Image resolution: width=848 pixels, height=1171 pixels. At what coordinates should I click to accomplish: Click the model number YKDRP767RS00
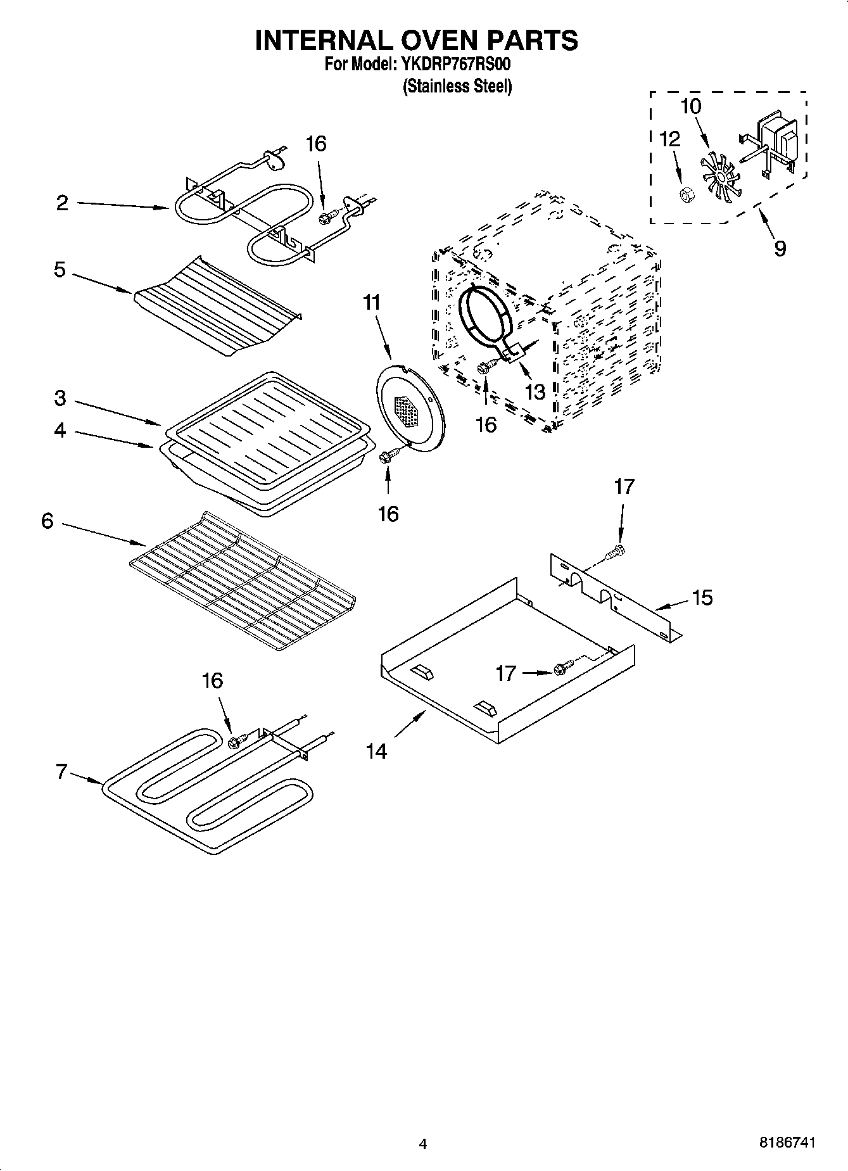[455, 65]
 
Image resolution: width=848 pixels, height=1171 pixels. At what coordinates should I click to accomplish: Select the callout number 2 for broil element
[62, 203]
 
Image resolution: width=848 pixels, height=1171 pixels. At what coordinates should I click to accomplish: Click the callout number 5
[60, 270]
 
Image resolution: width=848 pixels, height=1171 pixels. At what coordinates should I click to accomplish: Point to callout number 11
[372, 303]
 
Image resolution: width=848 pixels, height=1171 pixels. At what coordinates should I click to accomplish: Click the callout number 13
[535, 392]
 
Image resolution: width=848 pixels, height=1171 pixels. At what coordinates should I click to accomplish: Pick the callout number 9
[780, 248]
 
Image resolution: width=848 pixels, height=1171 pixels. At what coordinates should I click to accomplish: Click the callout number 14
[376, 751]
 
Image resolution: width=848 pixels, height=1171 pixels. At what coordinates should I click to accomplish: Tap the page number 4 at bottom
[423, 1143]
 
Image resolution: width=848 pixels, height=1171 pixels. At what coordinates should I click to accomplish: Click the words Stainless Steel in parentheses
[457, 85]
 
